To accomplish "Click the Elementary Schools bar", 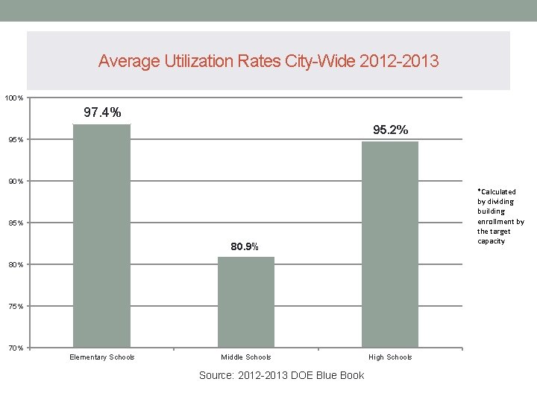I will [x=101, y=235].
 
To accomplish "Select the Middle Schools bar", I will [x=246, y=301].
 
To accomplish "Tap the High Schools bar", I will [x=390, y=244].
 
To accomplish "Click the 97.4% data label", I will [x=102, y=112].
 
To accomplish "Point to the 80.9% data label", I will [x=245, y=246].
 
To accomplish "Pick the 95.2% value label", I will [x=390, y=130].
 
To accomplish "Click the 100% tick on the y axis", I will [x=14, y=98].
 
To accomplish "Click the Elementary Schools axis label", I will [x=102, y=357].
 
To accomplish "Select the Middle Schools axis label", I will [x=246, y=357].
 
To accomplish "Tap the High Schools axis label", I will [x=390, y=357].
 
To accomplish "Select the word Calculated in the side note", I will [x=498, y=192].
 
